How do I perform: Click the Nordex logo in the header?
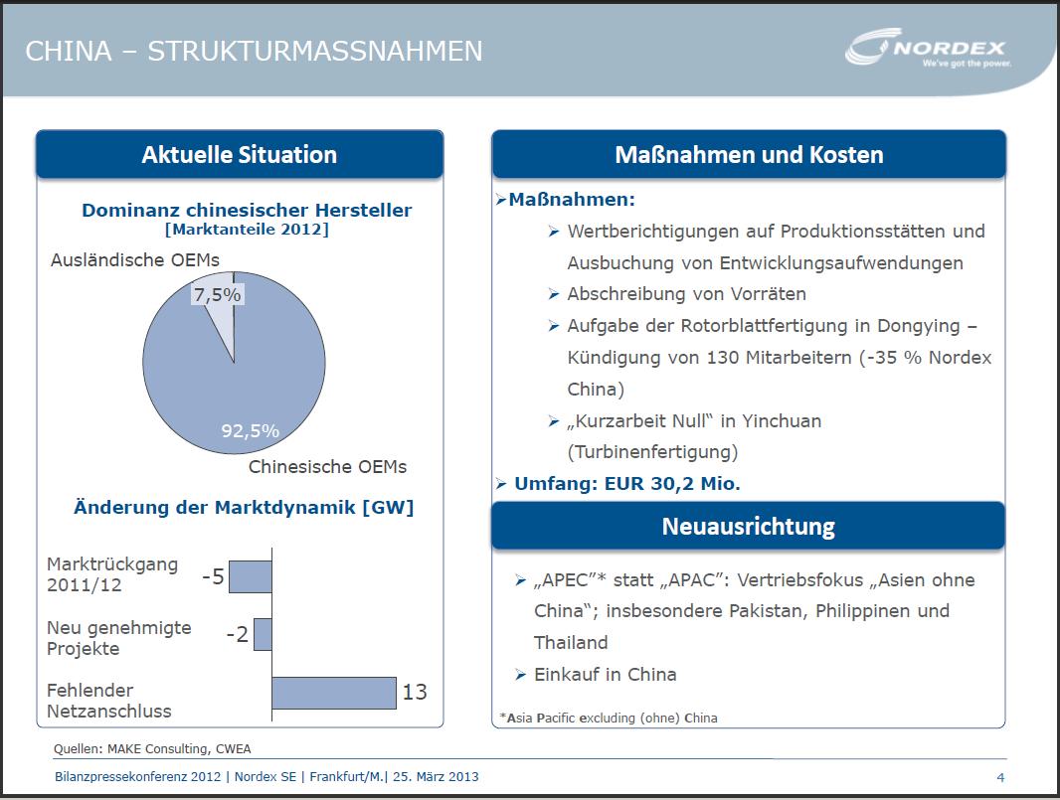coord(928,51)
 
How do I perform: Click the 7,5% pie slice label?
coord(218,295)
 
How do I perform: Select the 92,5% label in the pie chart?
coord(250,431)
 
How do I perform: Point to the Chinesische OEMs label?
coord(327,466)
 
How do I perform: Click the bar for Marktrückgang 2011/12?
coord(251,576)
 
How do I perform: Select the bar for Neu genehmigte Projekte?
coord(263,634)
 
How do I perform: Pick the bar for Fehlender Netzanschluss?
coord(333,693)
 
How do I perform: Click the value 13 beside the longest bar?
coord(415,692)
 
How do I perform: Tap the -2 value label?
coord(237,634)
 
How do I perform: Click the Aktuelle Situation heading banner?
coord(240,155)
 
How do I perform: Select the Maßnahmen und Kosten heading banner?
coord(749,155)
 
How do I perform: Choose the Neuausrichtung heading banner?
coord(748,526)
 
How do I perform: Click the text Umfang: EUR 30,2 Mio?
coord(627,484)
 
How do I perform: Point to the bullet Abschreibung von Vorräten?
coord(686,294)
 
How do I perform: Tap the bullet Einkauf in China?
coord(605,674)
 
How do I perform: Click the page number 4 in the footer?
coord(1000,776)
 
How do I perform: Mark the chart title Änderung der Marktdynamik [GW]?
coord(244,507)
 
